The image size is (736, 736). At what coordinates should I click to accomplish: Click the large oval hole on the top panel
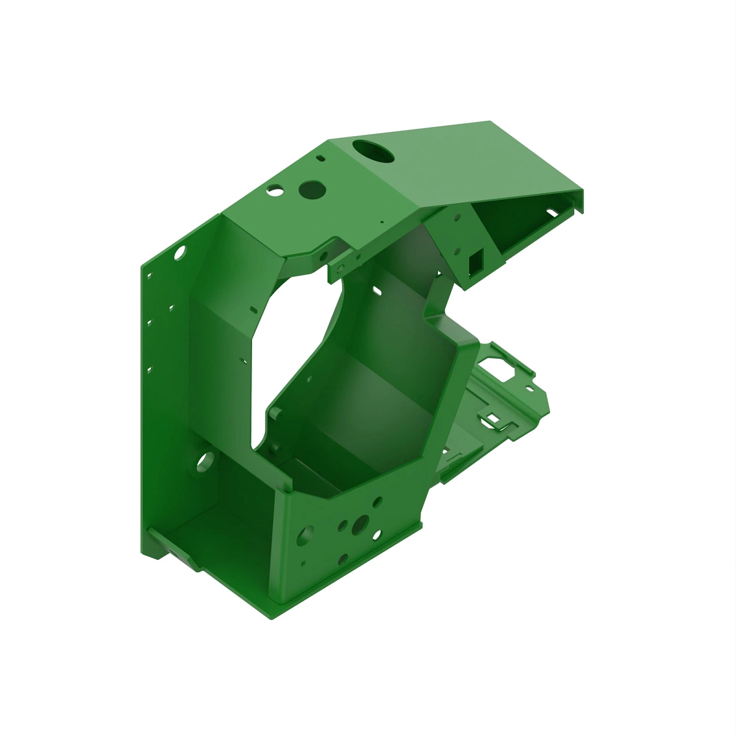374,150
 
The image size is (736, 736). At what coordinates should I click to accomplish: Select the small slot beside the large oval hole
320,158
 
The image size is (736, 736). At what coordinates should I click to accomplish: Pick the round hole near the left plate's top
180,252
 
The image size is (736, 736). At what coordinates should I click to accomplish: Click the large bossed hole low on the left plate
205,460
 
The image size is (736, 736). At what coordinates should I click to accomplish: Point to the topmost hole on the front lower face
377,502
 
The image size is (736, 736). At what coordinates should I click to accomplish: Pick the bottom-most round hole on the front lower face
343,559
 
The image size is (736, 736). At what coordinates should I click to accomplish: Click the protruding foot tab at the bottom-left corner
178,554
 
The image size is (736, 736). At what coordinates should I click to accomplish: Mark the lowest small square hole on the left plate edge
148,370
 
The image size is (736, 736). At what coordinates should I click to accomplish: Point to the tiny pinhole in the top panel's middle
381,223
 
